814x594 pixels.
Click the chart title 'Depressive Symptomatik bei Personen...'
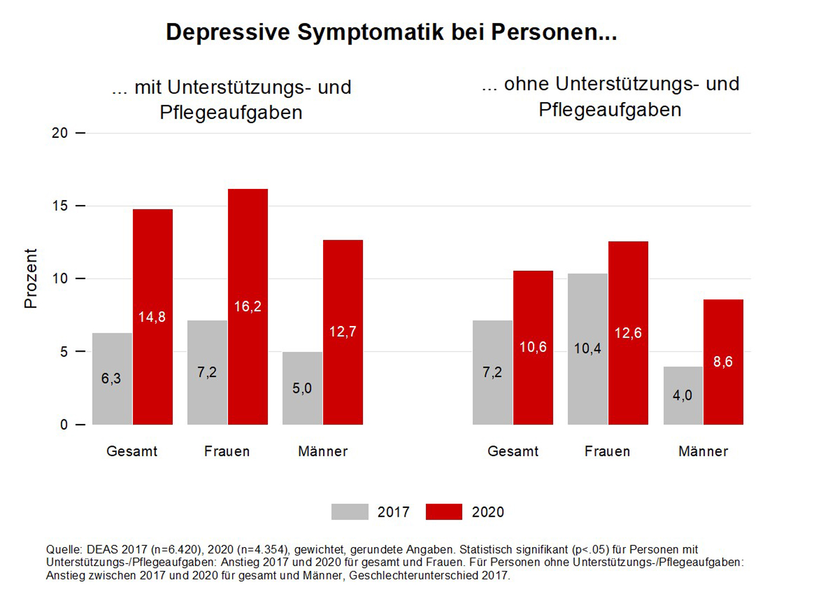pos(391,32)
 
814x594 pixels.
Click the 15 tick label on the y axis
pos(60,206)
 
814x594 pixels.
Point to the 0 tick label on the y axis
pos(64,425)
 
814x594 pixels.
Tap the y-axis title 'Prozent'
pos(30,279)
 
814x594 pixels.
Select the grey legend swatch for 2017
pos(350,512)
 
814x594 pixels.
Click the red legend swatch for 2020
pos(444,512)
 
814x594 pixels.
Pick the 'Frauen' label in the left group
pos(227,451)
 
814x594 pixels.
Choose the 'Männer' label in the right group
pos(703,451)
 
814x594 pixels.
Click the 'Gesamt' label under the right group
pos(513,451)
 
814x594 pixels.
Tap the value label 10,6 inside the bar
pos(533,347)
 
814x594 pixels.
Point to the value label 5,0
pos(302,388)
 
